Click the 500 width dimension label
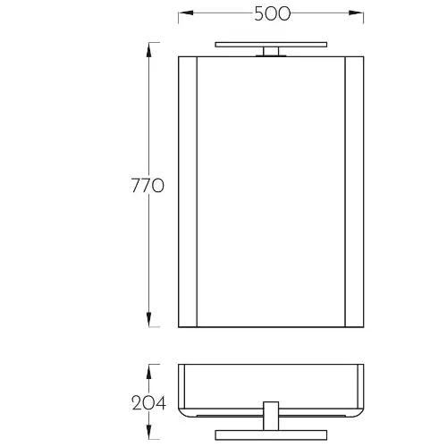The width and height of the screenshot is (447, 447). (273, 13)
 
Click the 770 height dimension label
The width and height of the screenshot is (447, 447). (148, 185)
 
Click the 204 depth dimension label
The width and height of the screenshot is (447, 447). (148, 403)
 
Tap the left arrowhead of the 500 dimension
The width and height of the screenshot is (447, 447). (186, 13)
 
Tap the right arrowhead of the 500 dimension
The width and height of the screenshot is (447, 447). (356, 13)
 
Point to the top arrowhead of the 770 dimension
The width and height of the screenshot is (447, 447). (148, 50)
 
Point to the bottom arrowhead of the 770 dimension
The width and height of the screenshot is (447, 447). (148, 319)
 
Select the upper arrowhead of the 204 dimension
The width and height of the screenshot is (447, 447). (148, 372)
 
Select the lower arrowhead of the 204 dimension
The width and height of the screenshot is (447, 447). (148, 432)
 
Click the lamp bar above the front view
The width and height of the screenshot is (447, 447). (271, 45)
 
